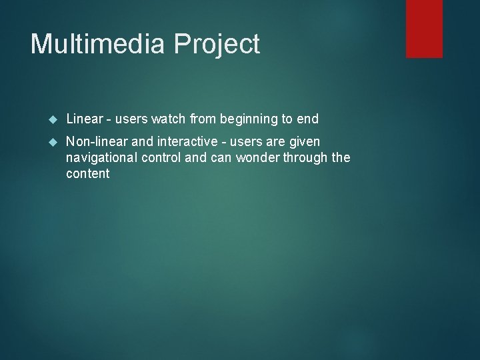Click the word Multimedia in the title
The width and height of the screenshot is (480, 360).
pos(96,44)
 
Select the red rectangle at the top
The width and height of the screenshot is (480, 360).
pos(425,29)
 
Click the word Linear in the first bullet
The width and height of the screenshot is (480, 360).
pos(84,119)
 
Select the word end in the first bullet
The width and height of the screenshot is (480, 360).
pos(308,119)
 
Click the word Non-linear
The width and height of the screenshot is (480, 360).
pos(93,142)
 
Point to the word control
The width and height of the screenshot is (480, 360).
pos(165,158)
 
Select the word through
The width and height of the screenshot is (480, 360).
pos(296,158)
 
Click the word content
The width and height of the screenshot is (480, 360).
pos(87,174)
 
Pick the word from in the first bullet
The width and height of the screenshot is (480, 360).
pos(204,119)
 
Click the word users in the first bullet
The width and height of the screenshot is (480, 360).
pos(131,119)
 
